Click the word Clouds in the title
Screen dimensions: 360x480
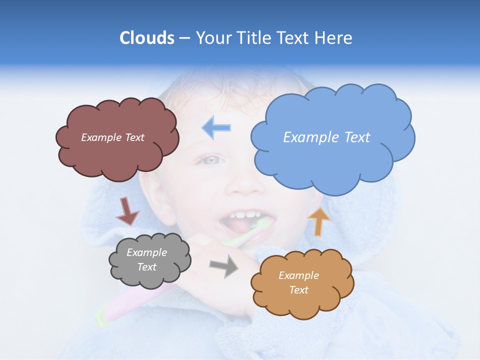click(146, 38)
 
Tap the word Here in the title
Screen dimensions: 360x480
click(334, 38)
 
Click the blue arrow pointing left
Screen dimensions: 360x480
click(216, 127)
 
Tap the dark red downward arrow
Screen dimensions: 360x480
click(127, 211)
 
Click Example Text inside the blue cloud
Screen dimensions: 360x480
click(326, 137)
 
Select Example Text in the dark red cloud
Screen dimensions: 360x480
click(112, 137)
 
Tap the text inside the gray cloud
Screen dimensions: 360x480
click(147, 260)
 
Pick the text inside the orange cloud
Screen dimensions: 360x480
click(298, 283)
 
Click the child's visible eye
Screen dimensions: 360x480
click(212, 160)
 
